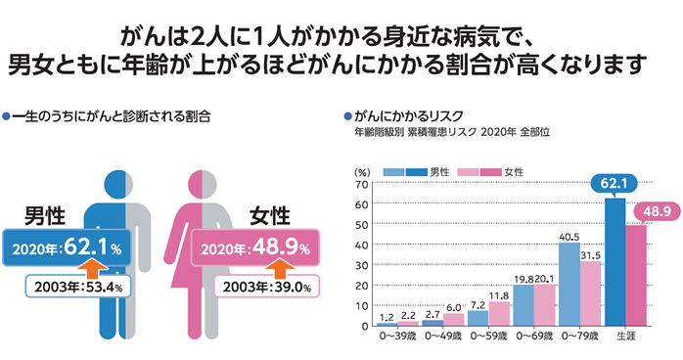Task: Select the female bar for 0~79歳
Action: click(590, 292)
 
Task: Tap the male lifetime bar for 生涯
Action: click(615, 261)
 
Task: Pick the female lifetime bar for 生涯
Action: click(636, 275)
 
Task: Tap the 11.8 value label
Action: click(500, 294)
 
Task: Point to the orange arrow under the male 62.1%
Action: click(90, 267)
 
